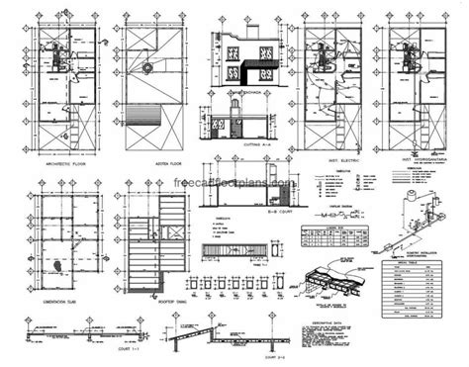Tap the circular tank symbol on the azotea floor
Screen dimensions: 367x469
pyautogui.click(x=145, y=68)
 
